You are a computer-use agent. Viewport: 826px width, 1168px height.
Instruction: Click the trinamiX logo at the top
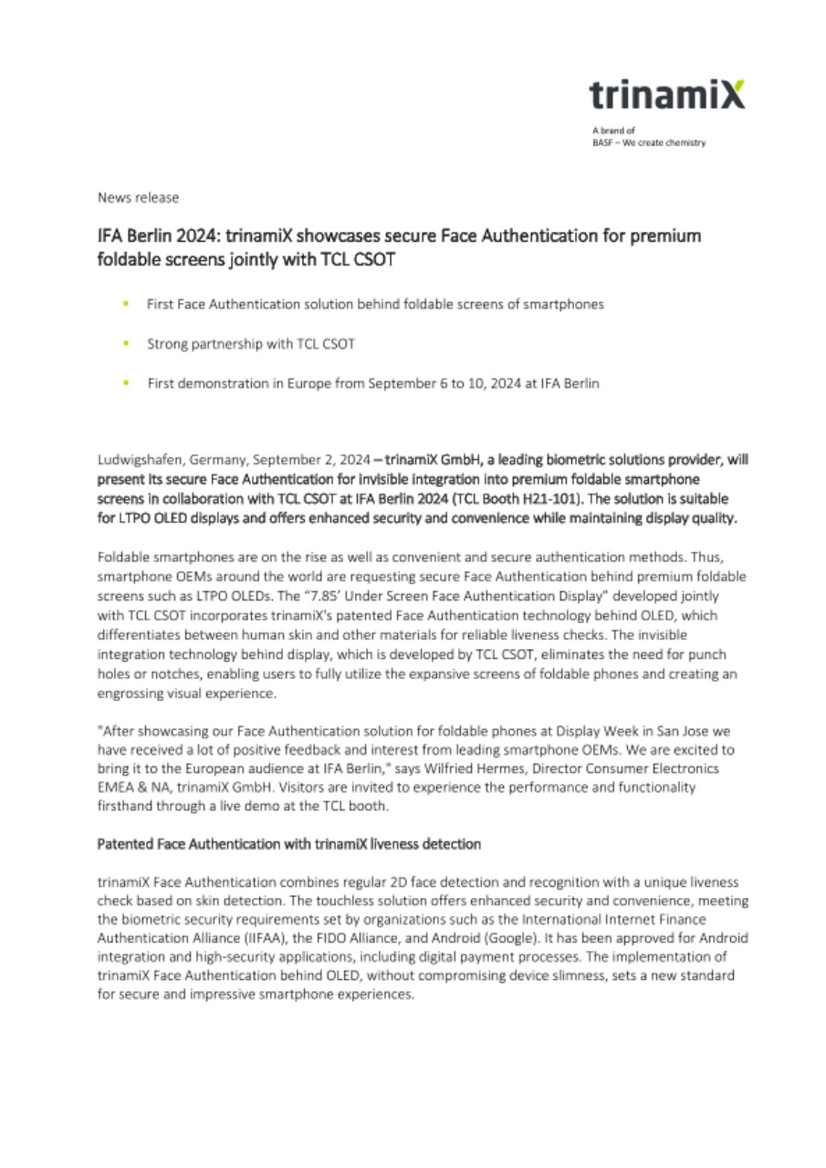[666, 95]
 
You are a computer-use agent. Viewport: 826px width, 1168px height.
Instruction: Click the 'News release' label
[138, 198]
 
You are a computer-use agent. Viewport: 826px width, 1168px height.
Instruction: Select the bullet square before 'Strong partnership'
[125, 343]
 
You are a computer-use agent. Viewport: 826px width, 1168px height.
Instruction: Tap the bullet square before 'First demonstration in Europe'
[125, 383]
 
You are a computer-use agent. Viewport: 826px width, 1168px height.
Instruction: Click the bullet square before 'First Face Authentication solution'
[125, 304]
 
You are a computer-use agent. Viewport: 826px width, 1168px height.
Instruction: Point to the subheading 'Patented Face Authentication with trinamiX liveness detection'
[289, 845]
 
